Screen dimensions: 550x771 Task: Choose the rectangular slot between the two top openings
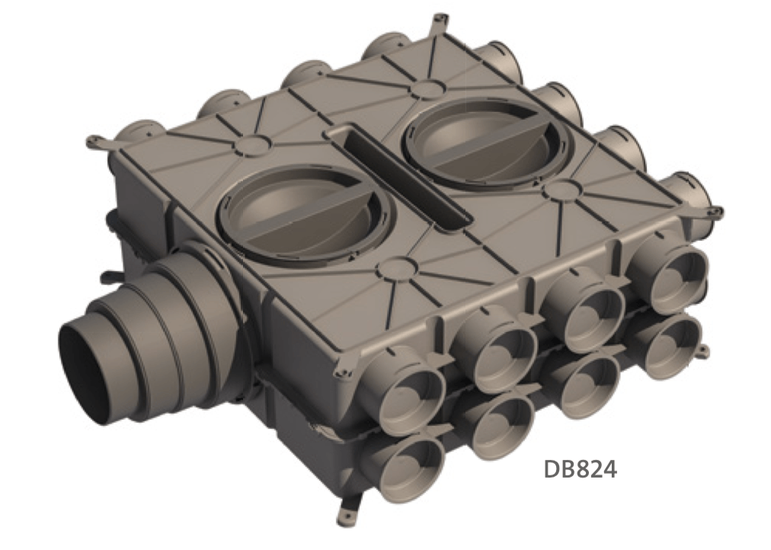pos(401,177)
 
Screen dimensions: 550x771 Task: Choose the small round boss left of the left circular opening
pos(248,145)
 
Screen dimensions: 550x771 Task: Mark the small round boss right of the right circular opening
pos(563,188)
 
